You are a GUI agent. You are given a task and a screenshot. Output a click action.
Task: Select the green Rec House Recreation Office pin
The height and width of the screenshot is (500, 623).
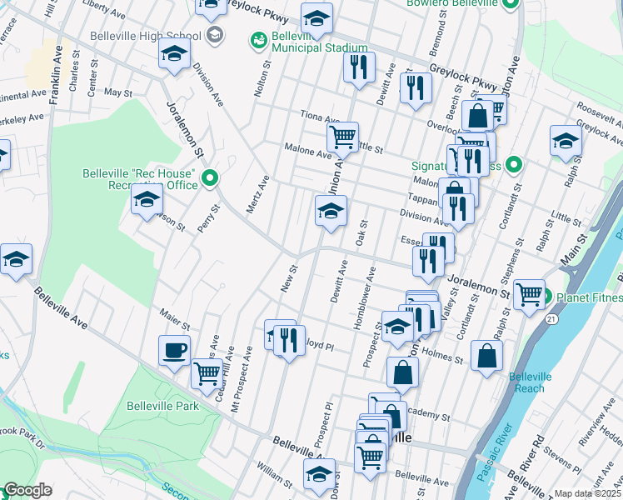(x=210, y=177)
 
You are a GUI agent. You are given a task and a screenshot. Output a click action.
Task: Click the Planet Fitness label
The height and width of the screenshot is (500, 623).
(x=589, y=297)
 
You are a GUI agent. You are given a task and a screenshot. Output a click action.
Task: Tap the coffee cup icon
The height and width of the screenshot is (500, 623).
(x=174, y=351)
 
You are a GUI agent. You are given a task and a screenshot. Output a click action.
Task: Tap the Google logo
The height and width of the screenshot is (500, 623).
(x=27, y=490)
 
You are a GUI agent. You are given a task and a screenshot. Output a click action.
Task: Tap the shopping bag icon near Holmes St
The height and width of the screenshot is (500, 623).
(x=486, y=355)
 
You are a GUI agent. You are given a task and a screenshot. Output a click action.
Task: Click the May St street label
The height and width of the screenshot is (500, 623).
(x=118, y=93)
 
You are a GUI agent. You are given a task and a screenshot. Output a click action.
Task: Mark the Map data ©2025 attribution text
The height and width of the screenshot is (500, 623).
(x=588, y=493)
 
